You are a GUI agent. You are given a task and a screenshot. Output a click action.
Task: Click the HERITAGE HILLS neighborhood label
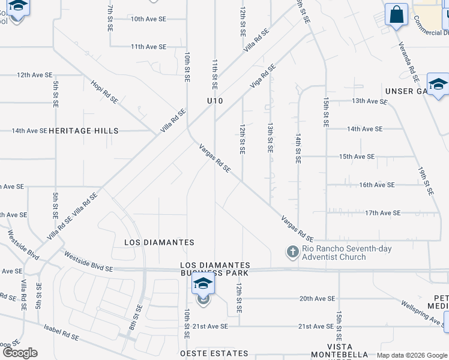point(83,131)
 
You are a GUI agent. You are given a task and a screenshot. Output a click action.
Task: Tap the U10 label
point(215,101)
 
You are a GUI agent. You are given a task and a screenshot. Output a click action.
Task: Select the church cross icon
point(292,252)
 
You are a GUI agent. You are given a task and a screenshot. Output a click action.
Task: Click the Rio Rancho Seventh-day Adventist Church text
point(334,253)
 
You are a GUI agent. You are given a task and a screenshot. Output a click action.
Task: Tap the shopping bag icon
point(396,14)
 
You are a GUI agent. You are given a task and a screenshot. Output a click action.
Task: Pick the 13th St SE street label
point(270,139)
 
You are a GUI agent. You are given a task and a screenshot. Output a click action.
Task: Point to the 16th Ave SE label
point(377,185)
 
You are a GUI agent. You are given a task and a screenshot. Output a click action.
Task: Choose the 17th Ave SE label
point(382,213)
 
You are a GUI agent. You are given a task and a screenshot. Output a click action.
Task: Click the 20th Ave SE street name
point(317,298)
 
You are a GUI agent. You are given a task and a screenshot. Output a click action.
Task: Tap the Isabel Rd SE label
point(61,333)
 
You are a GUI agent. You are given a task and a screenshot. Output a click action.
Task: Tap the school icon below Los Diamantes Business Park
point(203,284)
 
